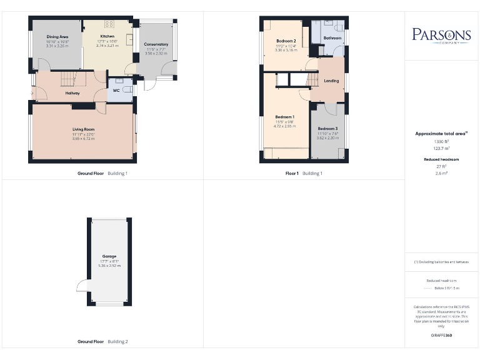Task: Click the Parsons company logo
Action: coord(441,35)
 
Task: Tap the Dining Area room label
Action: coord(57,37)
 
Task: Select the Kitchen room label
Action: coord(107,37)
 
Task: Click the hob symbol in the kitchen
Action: coord(109,24)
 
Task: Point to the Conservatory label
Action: coord(156,44)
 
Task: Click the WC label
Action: coord(116,91)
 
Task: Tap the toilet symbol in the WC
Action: coord(128,91)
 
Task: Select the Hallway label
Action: coord(72,93)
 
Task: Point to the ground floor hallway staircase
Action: coord(72,79)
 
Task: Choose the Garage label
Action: coord(109,256)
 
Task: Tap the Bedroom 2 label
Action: coord(286,41)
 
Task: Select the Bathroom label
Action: coord(332,38)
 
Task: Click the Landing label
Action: coord(331,81)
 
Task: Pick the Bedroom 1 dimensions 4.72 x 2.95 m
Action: coord(284,126)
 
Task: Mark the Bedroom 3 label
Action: coord(326,129)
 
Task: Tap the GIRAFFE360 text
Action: coord(441,336)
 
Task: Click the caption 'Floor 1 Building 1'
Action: coord(304,173)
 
